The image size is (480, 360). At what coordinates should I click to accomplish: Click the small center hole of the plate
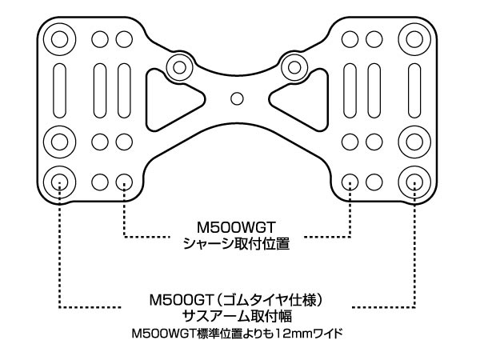(x=236, y=98)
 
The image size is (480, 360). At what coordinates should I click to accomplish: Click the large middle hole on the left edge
(x=60, y=141)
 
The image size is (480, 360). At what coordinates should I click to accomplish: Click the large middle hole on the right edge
(x=414, y=141)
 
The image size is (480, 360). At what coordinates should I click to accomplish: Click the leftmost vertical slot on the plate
(x=60, y=89)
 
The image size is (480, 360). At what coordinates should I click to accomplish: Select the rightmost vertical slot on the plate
(x=414, y=89)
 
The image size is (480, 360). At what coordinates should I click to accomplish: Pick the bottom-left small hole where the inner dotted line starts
(x=124, y=181)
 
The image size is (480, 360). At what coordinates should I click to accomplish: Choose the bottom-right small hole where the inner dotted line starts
(x=350, y=181)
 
